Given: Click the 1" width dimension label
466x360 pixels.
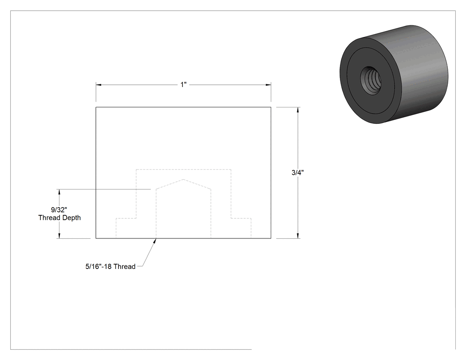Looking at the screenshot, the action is [183, 85].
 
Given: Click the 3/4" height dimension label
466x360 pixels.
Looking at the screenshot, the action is [297, 173].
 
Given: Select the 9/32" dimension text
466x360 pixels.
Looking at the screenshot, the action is [59, 210].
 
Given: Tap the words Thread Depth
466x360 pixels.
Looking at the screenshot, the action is [59, 218].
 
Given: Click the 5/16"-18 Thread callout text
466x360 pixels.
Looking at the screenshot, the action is [110, 267].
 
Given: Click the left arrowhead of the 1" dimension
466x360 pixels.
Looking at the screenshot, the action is [99, 85].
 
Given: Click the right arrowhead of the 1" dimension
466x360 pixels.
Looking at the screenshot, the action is [268, 85].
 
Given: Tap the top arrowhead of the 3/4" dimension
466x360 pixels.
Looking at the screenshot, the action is [298, 110].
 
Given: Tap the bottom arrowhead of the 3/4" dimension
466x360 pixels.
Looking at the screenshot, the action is [298, 235].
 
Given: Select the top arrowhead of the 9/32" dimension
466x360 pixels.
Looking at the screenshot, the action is [59, 192].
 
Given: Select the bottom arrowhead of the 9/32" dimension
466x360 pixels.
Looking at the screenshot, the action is [59, 235].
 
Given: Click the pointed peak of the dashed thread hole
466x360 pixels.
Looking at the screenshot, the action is [183, 179].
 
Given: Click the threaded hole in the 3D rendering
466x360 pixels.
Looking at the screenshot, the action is [371, 80].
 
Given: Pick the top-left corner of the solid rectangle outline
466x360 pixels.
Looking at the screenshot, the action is [96, 107].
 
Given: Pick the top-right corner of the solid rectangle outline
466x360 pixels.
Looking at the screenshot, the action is [271, 107].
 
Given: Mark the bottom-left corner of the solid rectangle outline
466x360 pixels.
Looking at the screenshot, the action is [96, 238].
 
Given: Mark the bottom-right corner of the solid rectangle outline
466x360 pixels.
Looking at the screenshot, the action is [271, 238].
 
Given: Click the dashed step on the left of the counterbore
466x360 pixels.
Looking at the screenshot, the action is [126, 218].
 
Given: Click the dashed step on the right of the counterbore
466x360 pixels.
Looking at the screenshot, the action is [241, 218].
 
